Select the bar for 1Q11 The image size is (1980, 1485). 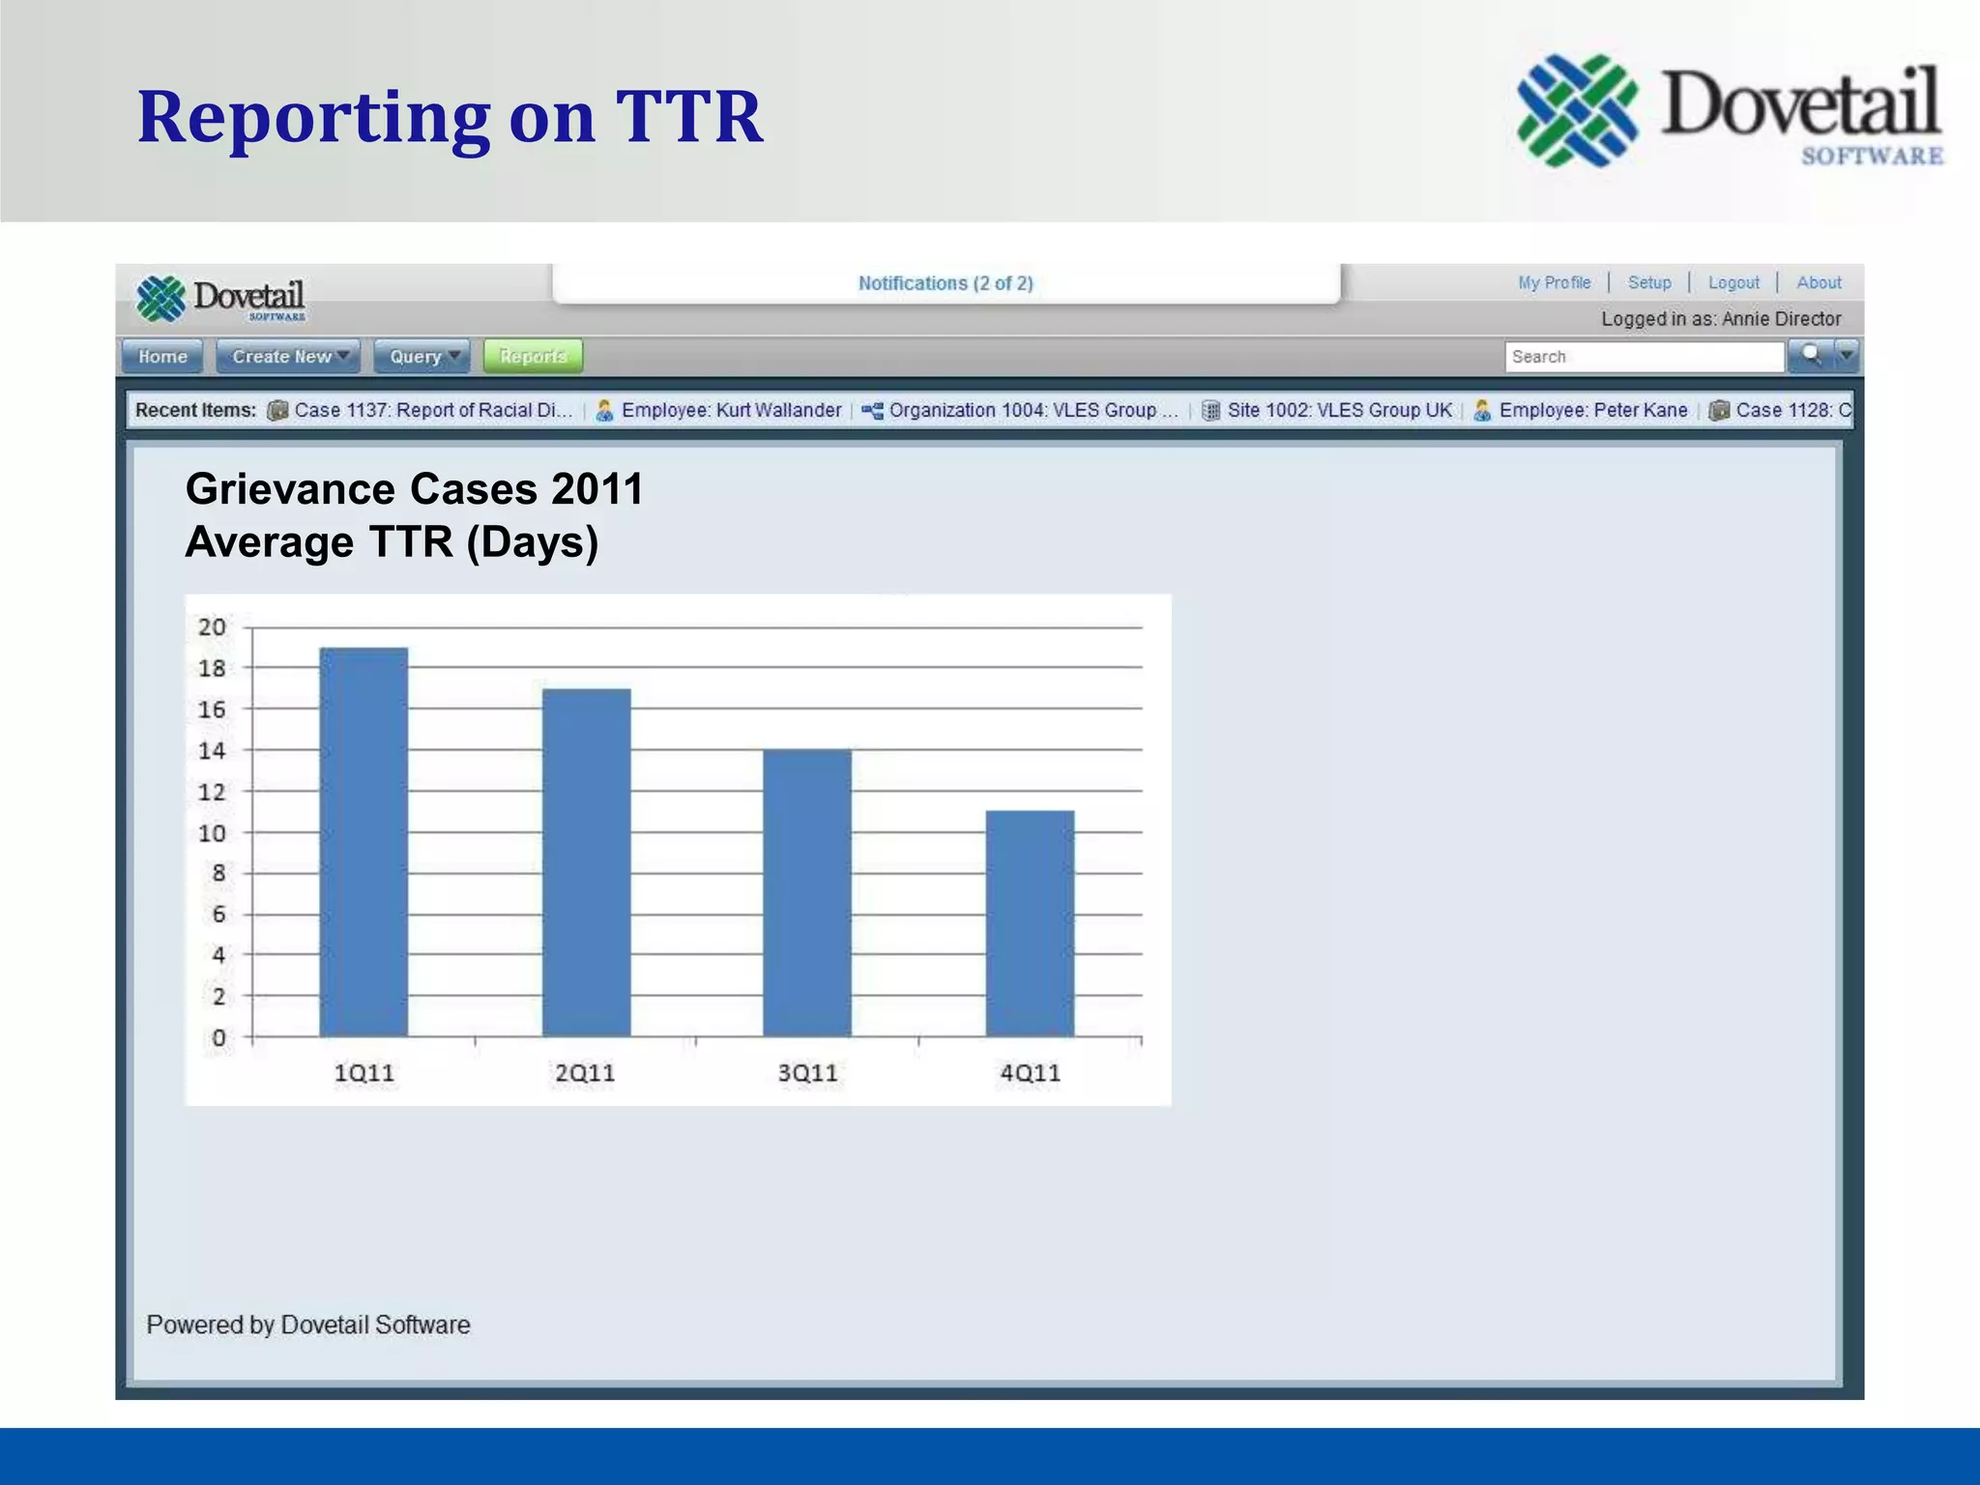(x=364, y=841)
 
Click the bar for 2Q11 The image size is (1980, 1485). (x=586, y=862)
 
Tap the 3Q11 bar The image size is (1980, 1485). (x=807, y=892)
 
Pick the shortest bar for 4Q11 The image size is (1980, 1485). (x=1030, y=923)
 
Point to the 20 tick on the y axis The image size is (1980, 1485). (x=212, y=627)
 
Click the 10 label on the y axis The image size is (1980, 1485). (x=212, y=833)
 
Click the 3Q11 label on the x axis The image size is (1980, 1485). (x=807, y=1073)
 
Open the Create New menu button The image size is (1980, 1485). (x=288, y=357)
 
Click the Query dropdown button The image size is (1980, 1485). (x=422, y=357)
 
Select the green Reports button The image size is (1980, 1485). (x=533, y=357)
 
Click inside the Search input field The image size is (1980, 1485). (x=1644, y=357)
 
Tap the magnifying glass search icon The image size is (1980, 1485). (x=1811, y=356)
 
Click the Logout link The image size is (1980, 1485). (x=1733, y=282)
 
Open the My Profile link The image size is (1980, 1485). (x=1554, y=282)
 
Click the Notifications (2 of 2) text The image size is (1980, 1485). (x=946, y=283)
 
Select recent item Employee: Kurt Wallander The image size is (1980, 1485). (x=730, y=410)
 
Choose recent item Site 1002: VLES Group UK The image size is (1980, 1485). (x=1339, y=410)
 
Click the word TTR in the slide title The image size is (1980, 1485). (x=688, y=117)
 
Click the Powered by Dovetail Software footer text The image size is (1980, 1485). (x=308, y=1325)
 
